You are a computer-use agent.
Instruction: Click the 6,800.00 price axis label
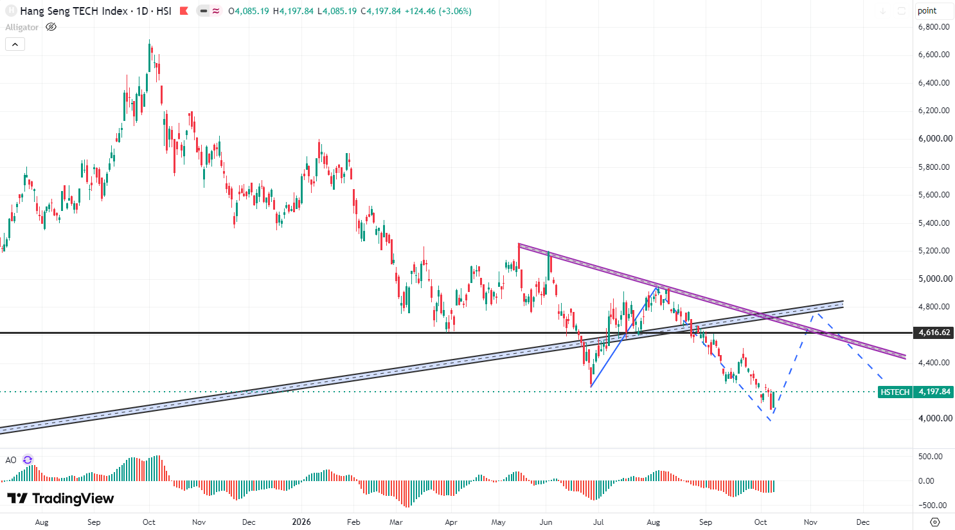pos(934,27)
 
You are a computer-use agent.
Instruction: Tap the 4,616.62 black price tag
pos(934,333)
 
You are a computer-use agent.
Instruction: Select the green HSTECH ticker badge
pos(895,392)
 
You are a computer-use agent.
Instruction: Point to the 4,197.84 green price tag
pos(934,392)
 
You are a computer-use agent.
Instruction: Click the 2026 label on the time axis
pos(301,522)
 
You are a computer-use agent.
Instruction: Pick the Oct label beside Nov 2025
pos(149,522)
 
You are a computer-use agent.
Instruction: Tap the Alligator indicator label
pos(22,27)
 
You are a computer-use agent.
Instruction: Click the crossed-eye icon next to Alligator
pos(51,27)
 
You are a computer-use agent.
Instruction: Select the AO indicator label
pos(11,460)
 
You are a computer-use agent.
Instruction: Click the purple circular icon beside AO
pos(28,460)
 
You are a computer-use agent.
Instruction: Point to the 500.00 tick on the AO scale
pos(931,457)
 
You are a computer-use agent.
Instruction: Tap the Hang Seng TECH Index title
pos(74,11)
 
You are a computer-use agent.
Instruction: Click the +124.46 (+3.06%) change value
pos(438,11)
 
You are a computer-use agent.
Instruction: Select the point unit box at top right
pos(933,11)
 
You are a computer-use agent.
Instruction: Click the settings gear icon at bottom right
pos(934,522)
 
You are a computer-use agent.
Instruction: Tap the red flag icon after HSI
pos(184,11)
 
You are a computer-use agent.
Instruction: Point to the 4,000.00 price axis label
pos(934,418)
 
